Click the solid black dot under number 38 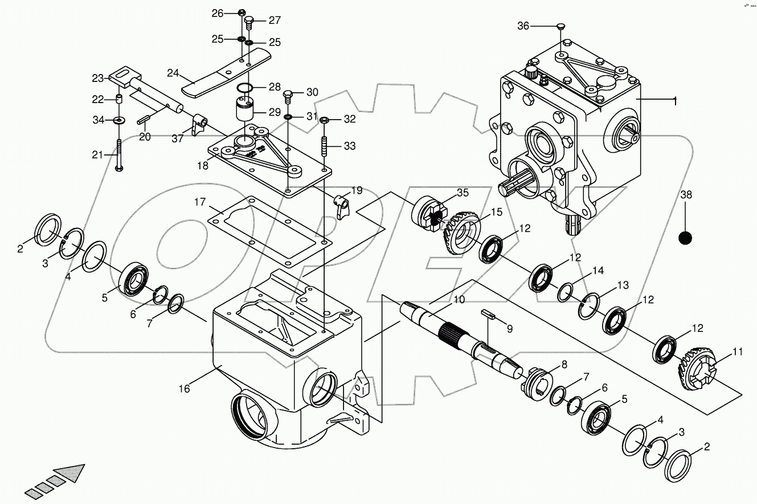pos(685,237)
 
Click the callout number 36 pos(523,26)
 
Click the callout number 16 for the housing pos(183,389)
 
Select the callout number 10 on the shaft pos(459,299)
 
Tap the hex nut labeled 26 pos(242,13)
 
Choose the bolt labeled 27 pos(249,23)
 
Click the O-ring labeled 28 pos(245,88)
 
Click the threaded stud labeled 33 pos(325,147)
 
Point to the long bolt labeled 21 pos(118,154)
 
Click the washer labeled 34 pos(119,120)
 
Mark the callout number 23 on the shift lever pos(99,78)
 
